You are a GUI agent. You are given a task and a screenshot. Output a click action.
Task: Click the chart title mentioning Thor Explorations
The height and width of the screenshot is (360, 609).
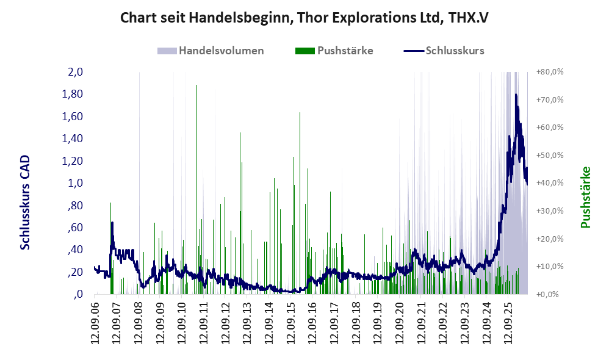[x=304, y=18]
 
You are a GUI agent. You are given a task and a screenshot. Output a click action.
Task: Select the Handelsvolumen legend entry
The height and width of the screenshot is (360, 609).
[x=211, y=51]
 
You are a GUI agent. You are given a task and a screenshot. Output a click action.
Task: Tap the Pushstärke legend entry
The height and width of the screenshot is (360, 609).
[x=334, y=51]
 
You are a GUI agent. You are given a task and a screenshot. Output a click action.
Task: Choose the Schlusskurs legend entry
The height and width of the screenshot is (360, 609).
[x=444, y=51]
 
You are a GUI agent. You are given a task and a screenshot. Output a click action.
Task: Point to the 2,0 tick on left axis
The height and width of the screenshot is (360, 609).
[x=75, y=72]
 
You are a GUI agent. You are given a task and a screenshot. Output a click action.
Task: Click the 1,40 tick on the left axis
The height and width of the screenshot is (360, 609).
[x=72, y=139]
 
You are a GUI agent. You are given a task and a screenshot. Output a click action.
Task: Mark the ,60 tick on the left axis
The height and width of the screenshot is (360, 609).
[x=75, y=227]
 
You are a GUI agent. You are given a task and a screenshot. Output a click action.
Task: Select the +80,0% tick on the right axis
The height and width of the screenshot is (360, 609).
[x=550, y=72]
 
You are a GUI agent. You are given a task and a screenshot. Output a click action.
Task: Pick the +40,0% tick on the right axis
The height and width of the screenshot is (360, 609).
[x=550, y=183]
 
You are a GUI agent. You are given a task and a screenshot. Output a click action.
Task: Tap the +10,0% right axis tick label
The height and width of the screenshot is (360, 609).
[x=550, y=267]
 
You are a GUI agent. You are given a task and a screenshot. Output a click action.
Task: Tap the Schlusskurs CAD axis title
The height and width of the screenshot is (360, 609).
[x=25, y=203]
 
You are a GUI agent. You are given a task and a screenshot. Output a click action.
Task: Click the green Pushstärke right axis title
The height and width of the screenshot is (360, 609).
[x=585, y=197]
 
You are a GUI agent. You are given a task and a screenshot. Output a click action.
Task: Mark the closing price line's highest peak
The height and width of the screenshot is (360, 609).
[x=516, y=95]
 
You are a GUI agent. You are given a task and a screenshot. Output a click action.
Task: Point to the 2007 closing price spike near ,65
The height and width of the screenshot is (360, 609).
[x=112, y=223]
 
